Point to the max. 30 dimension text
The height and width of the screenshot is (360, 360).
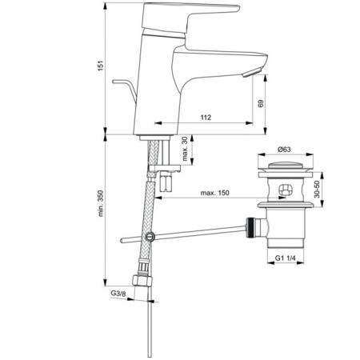[184, 150]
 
